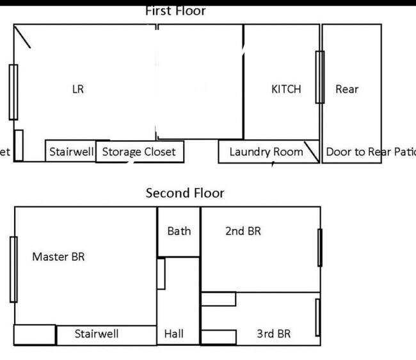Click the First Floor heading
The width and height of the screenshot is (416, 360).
click(175, 11)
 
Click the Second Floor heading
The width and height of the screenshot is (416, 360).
click(185, 192)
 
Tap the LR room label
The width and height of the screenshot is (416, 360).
click(77, 90)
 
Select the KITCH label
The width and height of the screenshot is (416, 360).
click(285, 90)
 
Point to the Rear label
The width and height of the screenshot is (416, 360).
click(347, 90)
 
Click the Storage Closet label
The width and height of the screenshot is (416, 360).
click(139, 152)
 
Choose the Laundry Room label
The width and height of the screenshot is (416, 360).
click(266, 152)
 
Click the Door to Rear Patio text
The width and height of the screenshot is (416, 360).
click(371, 152)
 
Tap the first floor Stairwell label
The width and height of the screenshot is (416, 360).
click(71, 152)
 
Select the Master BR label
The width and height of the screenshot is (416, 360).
click(58, 257)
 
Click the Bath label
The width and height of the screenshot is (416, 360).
click(179, 231)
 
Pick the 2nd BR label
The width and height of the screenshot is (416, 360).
click(243, 231)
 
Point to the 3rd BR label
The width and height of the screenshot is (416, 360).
click(273, 334)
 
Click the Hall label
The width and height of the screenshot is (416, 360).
click(173, 334)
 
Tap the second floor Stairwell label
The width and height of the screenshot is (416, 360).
click(96, 334)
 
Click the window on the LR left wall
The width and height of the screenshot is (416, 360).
click(13, 92)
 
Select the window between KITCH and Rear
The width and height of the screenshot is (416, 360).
click(319, 77)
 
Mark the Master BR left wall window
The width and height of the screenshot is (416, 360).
click(13, 269)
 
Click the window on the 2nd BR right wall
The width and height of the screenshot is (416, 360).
click(320, 247)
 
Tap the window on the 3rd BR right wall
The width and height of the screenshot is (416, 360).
click(317, 317)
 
